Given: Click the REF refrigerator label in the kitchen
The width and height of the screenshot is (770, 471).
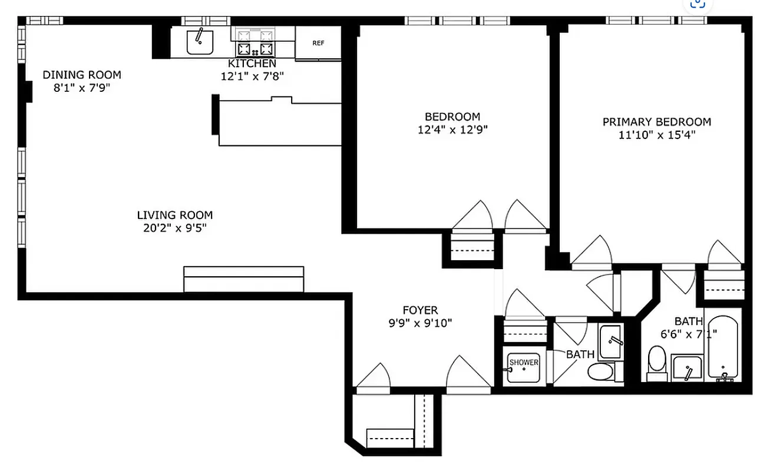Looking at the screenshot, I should (x=318, y=43).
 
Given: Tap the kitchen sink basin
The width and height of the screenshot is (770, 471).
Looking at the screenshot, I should (x=200, y=42).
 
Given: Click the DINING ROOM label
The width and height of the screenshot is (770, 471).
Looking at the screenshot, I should (x=82, y=75).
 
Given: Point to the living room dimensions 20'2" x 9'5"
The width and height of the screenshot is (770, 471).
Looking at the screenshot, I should (x=175, y=228).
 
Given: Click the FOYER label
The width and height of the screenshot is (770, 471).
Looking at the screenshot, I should (x=420, y=310).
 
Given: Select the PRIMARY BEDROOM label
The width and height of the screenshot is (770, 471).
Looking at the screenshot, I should (x=656, y=122).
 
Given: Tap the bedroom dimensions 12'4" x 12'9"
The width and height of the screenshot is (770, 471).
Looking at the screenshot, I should (x=452, y=130).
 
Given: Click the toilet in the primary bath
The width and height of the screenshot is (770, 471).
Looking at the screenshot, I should (x=656, y=361).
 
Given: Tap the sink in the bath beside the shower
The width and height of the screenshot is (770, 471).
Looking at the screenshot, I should (x=612, y=341).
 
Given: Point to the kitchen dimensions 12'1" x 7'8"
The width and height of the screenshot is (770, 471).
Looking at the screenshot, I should (x=252, y=76).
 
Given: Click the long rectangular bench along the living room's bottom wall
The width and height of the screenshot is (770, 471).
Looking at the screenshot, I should (x=244, y=279).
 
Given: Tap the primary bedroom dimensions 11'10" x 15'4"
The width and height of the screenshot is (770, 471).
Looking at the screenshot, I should (x=656, y=135).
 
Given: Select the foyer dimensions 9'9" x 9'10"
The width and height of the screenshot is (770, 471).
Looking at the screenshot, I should (x=420, y=323).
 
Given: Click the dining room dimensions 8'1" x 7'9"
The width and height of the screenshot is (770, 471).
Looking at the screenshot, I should (x=82, y=88).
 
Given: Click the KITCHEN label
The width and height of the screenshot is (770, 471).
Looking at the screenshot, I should (x=252, y=64).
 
